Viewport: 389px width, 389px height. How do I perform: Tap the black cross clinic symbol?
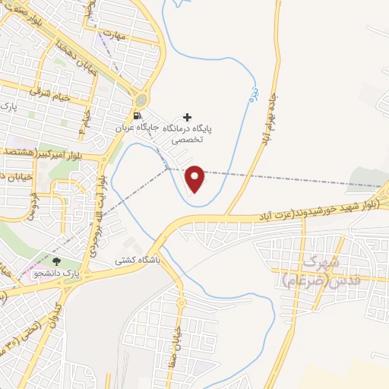[x=188, y=116]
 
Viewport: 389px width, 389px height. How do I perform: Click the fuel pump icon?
[x=136, y=116]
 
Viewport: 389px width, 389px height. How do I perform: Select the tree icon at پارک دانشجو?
[x=55, y=261]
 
